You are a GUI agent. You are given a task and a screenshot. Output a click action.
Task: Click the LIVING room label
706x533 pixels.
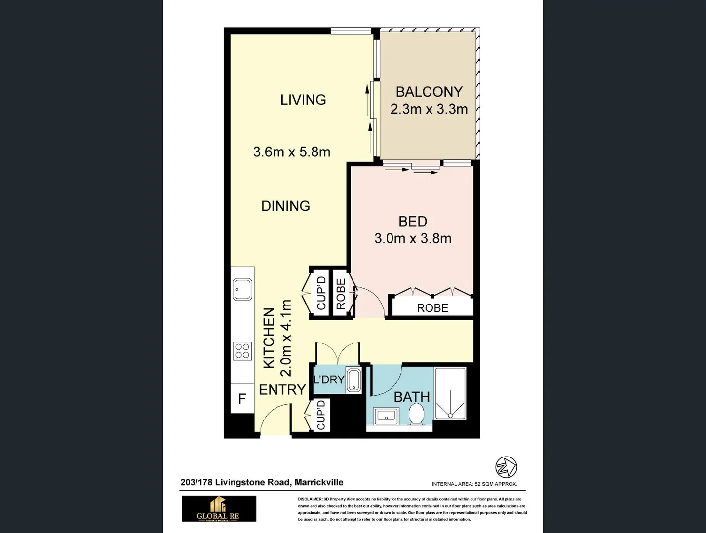pos(303,100)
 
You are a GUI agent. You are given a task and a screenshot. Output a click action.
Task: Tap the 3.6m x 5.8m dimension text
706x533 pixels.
pos(291,152)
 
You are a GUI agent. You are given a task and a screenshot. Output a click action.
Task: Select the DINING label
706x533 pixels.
pos(285,206)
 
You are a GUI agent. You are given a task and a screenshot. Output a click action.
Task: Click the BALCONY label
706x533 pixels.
pos(429,92)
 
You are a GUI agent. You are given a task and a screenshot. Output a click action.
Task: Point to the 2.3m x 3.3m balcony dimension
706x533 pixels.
pos(429,109)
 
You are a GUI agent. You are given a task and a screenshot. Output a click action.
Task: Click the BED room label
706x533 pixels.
pos(413,222)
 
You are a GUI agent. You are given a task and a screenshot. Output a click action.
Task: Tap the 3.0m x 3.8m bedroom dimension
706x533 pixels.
pos(413,238)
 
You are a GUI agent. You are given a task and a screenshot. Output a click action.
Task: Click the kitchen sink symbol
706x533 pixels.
pos(242,289)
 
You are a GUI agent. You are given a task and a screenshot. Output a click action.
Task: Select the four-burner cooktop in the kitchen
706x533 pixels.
pos(242,351)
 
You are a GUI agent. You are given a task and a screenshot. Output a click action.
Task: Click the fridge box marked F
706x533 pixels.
pos(242,398)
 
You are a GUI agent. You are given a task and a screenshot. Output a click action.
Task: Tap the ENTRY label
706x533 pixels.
pos(282,389)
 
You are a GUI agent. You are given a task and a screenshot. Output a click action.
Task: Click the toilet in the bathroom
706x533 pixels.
pos(417,414)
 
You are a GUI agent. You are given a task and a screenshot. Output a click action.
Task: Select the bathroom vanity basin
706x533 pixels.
pos(386,416)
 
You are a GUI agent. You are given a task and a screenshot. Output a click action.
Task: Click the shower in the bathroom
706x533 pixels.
pos(450,393)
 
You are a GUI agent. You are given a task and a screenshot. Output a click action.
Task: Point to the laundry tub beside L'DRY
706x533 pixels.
pos(353,380)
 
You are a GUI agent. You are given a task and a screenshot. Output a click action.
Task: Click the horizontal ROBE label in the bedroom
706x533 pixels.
pos(432,308)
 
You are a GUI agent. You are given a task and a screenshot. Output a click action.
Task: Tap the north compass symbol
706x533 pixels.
pos(506,467)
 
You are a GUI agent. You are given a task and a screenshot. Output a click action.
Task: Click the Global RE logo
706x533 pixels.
pos(219,509)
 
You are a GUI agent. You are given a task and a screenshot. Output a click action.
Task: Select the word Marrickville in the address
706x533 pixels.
pos(318,482)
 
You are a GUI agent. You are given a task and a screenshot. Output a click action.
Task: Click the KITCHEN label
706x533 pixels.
pos(269,338)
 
